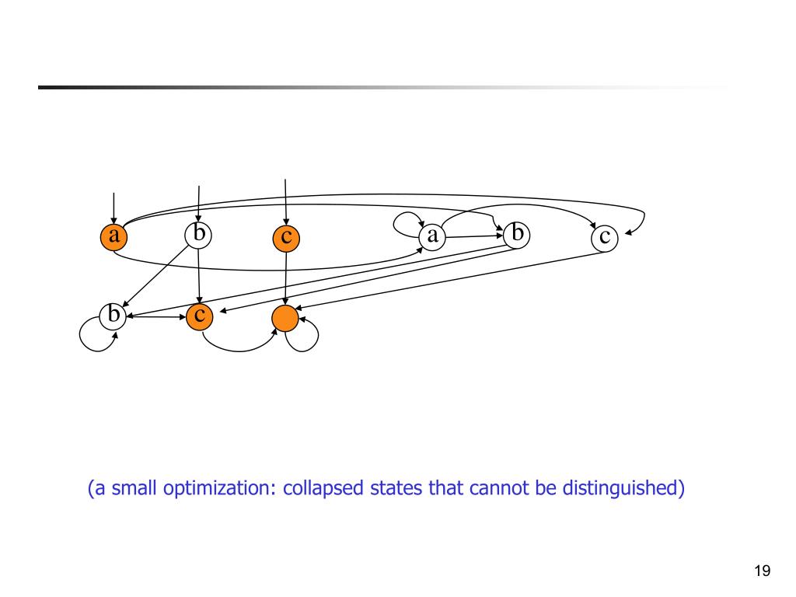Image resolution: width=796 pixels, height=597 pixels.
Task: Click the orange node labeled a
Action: click(113, 236)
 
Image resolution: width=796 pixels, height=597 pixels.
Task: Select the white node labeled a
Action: click(431, 236)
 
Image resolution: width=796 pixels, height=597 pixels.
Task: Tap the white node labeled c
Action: click(605, 238)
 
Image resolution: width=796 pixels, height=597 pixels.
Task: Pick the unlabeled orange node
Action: click(285, 317)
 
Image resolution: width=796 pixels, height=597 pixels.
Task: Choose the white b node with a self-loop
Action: click(113, 316)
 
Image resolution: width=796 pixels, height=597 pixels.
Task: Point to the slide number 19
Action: click(762, 571)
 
